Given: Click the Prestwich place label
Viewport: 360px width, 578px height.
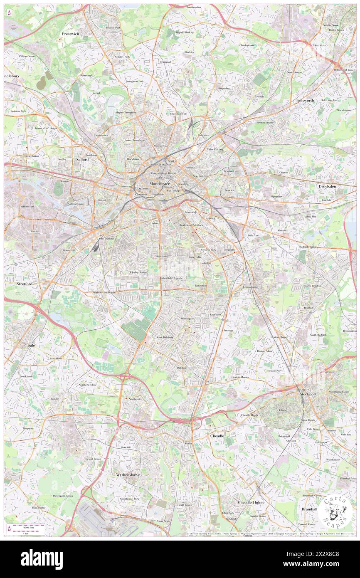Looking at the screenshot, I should coord(70,33).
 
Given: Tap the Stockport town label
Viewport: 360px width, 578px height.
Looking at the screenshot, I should coord(308,394).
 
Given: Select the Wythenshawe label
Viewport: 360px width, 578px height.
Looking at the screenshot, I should coord(128,474).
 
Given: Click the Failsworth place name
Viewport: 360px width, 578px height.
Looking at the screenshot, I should coord(306,101).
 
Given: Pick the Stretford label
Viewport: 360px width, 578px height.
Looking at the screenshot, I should coord(24,284).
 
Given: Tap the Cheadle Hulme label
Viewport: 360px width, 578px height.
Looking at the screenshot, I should coord(251,502).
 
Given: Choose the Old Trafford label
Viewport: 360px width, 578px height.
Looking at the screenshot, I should coord(106,239).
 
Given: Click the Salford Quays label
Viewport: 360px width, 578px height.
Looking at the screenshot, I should coord(76,204).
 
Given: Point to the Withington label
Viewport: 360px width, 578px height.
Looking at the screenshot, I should coord(187,319).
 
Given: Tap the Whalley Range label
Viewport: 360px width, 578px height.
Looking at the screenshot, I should coord(138,272).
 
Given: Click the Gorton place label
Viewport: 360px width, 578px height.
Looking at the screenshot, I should coord(282,230).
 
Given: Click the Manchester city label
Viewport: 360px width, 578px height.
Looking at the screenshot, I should coord(159,183).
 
